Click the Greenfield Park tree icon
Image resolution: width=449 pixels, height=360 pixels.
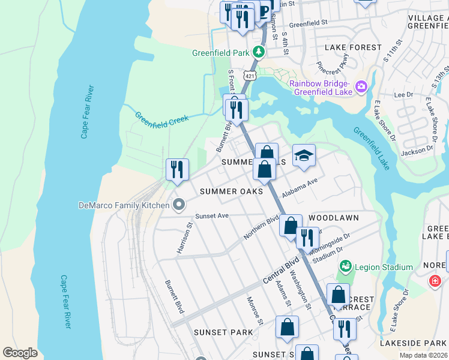(x=259, y=52)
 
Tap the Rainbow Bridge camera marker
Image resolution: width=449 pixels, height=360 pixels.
(x=361, y=87)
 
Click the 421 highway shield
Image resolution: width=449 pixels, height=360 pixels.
(x=250, y=75)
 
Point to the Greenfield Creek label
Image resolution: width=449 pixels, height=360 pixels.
(x=161, y=118)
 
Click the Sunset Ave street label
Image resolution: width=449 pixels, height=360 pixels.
(x=212, y=216)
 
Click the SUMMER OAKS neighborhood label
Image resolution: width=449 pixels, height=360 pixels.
(x=231, y=191)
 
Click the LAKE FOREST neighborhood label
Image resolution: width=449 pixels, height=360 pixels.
(x=352, y=47)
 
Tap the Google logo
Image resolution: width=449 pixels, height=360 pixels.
(x=20, y=352)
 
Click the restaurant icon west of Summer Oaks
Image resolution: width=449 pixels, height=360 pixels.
(x=177, y=170)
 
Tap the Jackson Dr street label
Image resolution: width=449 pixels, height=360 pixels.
(x=412, y=153)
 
